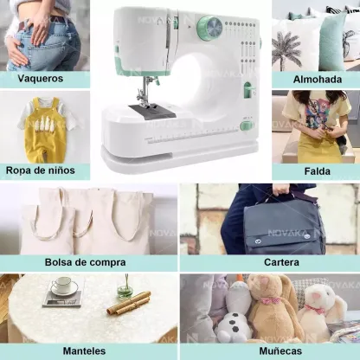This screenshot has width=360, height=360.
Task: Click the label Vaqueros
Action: (40, 79)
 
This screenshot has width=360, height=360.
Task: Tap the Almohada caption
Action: (318, 80)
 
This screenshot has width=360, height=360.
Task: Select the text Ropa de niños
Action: (41, 170)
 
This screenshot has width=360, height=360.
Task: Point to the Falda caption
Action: (318, 171)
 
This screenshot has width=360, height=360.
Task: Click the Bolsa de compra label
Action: (86, 262)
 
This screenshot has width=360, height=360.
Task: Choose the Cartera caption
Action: (281, 262)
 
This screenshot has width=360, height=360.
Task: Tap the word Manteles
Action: (84, 351)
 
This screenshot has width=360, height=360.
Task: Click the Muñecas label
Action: (280, 351)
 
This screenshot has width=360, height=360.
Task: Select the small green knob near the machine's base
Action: (247, 126)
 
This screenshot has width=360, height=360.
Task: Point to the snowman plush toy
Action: (235, 312)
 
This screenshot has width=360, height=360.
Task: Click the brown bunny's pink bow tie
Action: (271, 301)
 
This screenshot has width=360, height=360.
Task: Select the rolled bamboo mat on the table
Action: (129, 303)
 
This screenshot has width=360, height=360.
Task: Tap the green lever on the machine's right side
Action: (248, 89)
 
